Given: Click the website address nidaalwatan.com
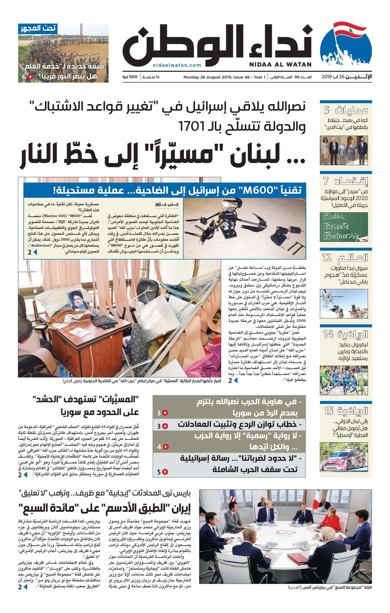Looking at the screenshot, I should tap(177, 65).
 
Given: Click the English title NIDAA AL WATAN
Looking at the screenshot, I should tap(280, 65).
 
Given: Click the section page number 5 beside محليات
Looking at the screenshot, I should tap(327, 110).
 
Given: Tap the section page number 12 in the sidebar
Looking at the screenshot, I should tap(327, 258).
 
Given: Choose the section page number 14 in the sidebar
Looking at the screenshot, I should tap(328, 334).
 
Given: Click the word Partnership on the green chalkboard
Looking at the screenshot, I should tap(341, 236).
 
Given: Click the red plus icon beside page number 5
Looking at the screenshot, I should tap(165, 471).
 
